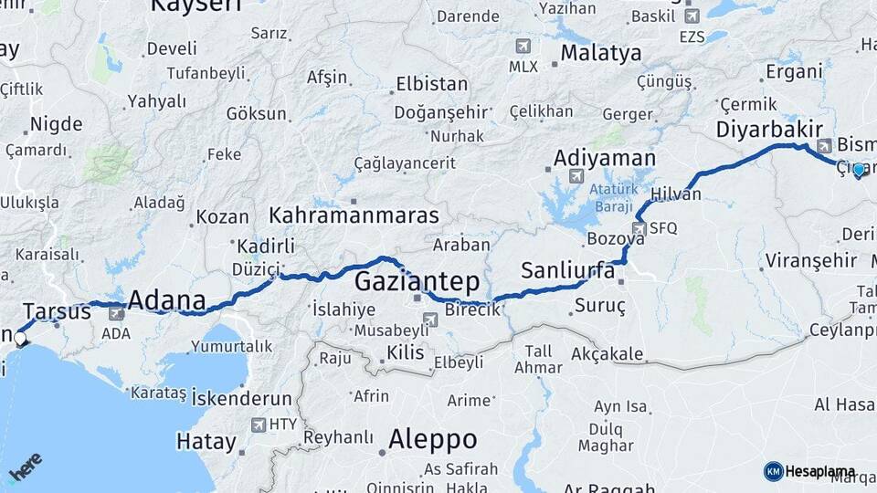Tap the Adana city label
click(166, 300)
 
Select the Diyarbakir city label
click(769, 130)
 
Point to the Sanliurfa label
click(567, 270)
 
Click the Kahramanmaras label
click(354, 215)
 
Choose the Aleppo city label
click(432, 439)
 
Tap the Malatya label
click(600, 53)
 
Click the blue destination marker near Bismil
click(858, 170)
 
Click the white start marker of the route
click(20, 338)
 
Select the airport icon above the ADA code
click(116, 314)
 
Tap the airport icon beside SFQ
click(639, 228)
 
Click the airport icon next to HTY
click(259, 425)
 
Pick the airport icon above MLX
click(523, 46)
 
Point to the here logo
click(25, 468)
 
